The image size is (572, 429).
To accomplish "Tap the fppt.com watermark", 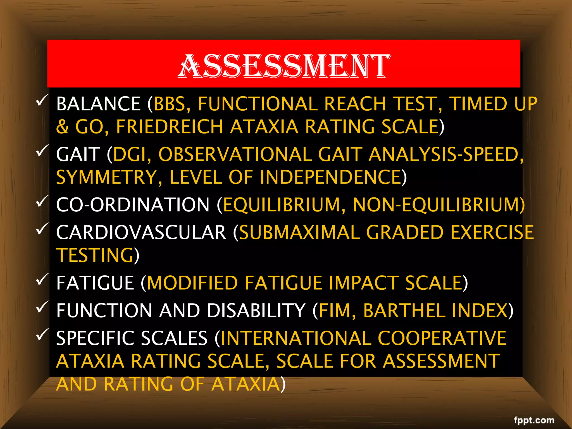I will tap(534, 420).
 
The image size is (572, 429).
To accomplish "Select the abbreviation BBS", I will tap(170, 104).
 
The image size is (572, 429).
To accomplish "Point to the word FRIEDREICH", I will tap(170, 127).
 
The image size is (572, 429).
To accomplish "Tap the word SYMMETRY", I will tap(106, 177).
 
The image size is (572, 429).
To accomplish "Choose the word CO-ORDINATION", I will tap(133, 205).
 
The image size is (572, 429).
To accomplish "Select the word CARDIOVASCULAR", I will tap(141, 232).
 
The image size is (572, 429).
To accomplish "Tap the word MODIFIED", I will tap(192, 283).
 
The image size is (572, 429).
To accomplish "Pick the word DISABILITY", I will tap(256, 311).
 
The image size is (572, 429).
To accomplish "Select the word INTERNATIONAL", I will tap(296, 338).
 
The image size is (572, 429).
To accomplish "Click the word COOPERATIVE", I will tap(442, 338).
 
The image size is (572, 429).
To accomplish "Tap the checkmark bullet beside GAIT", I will tap(42, 151).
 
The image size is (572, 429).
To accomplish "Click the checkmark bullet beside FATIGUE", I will tap(42, 279).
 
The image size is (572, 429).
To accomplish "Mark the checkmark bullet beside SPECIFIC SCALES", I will tap(42, 335).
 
